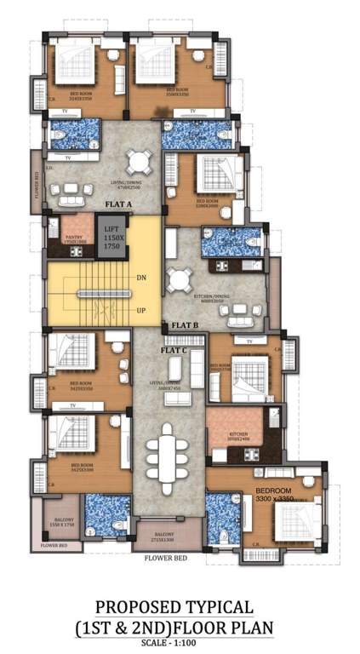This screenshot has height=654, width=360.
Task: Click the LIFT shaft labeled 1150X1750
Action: (x=111, y=238)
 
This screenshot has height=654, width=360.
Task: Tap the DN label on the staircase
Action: (x=141, y=278)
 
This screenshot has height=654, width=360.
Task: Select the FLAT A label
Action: (x=119, y=205)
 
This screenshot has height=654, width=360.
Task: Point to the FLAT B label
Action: (x=185, y=326)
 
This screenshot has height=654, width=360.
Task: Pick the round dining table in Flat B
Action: (x=180, y=280)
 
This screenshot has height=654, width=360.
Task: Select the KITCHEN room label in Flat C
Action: (x=239, y=434)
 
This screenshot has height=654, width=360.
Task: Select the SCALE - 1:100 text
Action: (x=179, y=643)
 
